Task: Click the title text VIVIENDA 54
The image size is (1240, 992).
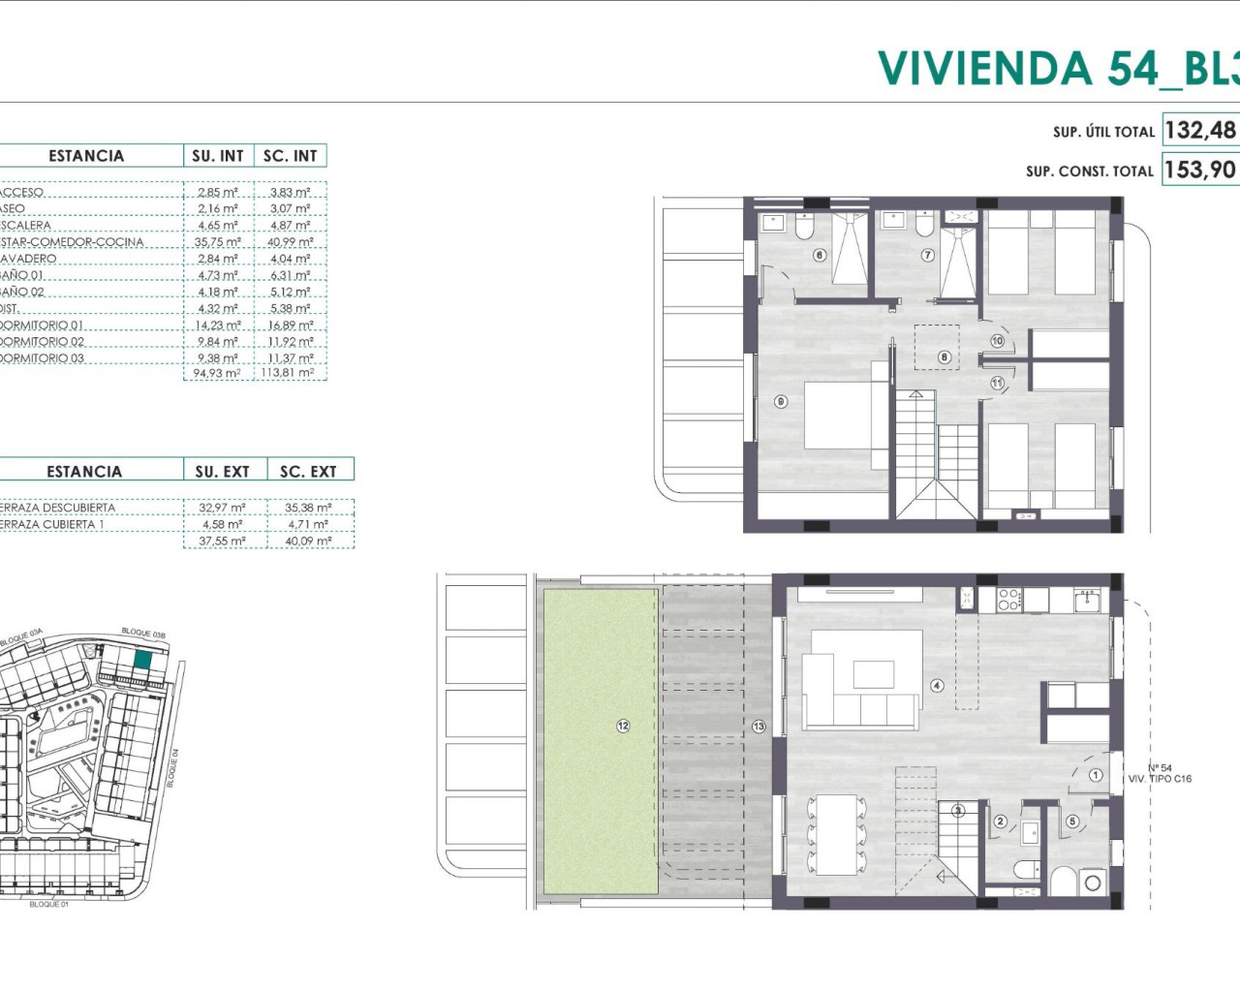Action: click(1017, 68)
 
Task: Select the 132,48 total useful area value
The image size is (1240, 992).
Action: click(1200, 130)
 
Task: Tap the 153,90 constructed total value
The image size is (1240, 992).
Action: click(1200, 170)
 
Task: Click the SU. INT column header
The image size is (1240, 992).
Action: click(218, 156)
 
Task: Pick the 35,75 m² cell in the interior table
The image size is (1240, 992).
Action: click(217, 242)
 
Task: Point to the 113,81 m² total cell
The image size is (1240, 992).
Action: click(288, 373)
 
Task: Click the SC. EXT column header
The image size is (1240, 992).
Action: click(308, 472)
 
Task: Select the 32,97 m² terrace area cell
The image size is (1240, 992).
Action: click(222, 508)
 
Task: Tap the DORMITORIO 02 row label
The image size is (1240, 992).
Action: click(43, 342)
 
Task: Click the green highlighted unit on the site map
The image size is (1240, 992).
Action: click(142, 661)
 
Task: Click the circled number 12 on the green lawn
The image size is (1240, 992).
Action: click(623, 726)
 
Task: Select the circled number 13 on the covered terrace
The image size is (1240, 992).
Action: click(759, 726)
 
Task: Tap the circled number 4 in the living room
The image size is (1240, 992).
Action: click(937, 686)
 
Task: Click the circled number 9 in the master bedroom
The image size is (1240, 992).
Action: click(782, 401)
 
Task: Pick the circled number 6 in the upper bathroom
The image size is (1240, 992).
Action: click(820, 256)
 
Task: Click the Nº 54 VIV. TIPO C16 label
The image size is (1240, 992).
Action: click(1160, 773)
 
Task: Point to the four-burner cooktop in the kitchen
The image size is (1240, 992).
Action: click(1009, 600)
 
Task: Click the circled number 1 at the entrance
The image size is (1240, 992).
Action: click(1096, 775)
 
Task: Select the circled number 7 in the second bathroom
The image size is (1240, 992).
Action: click(927, 256)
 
